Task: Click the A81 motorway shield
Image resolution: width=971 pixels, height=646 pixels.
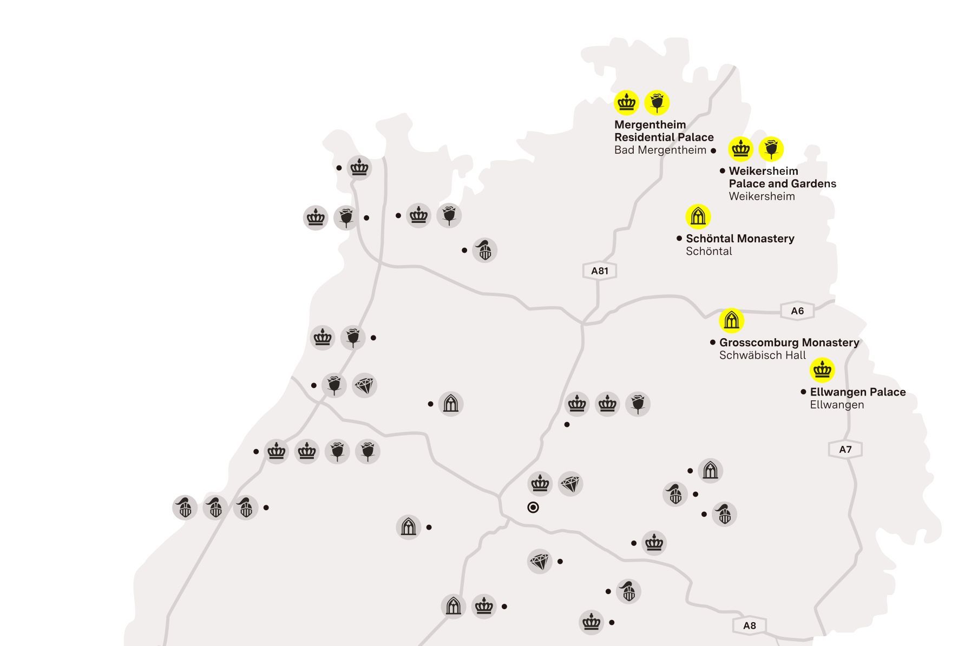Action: (599, 271)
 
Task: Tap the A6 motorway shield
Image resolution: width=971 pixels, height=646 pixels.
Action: (797, 311)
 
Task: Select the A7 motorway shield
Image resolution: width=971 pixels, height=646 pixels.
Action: (845, 449)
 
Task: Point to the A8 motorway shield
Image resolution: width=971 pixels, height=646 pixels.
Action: (749, 625)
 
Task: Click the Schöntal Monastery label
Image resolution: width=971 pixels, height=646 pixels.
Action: (740, 239)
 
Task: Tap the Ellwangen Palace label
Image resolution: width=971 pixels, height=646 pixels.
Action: (857, 392)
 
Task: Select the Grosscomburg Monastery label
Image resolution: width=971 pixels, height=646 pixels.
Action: (789, 342)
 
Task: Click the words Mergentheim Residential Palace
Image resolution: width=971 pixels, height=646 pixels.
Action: (664, 131)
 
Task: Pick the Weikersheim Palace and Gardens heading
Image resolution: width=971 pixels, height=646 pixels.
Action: (782, 177)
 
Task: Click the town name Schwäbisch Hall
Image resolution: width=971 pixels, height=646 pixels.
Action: (762, 355)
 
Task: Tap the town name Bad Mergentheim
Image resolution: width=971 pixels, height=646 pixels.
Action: (660, 150)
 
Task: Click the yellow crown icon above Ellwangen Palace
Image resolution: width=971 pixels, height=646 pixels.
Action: (822, 370)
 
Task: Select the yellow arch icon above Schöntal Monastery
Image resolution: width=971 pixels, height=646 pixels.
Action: (698, 217)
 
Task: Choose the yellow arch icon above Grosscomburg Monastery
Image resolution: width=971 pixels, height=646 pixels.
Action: (731, 320)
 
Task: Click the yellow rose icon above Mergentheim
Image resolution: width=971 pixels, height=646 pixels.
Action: (657, 102)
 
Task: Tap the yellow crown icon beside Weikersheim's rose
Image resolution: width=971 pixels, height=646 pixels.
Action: (740, 149)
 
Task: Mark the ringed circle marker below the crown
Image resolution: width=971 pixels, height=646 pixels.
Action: (533, 507)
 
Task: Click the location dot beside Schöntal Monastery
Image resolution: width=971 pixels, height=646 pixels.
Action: (679, 238)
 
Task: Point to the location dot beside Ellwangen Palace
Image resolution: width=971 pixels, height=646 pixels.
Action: (803, 392)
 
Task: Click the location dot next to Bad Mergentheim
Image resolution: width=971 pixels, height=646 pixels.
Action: (713, 151)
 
